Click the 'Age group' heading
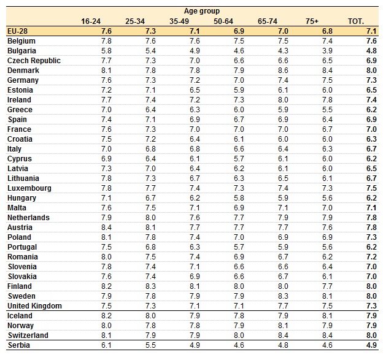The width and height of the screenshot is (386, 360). point(202,11)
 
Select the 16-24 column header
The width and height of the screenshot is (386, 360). point(91,21)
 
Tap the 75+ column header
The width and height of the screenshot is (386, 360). point(312,21)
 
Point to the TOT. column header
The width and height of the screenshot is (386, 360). point(356,21)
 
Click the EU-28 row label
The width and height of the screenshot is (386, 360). point(17,31)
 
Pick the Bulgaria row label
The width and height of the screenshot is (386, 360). point(21,51)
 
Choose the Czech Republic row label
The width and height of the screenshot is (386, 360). point(34,61)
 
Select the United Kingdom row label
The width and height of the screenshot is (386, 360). point(34,306)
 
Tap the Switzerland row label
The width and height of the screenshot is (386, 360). point(28,335)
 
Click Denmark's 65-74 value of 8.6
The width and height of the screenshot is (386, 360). point(283,71)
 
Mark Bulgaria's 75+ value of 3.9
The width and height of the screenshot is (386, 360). point(327,51)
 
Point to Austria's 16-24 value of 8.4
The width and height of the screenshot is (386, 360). point(106,228)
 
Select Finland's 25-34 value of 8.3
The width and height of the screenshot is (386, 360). point(150,286)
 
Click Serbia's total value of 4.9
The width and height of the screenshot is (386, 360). point(371,345)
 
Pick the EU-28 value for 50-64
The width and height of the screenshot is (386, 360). point(239,31)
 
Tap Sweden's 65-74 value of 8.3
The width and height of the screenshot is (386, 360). point(283,296)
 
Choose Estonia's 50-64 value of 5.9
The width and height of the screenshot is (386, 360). point(239,90)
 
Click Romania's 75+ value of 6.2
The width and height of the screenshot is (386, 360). point(327,257)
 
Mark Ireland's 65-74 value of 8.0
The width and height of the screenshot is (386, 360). point(283,100)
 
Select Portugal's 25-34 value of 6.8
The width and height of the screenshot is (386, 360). point(150,247)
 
